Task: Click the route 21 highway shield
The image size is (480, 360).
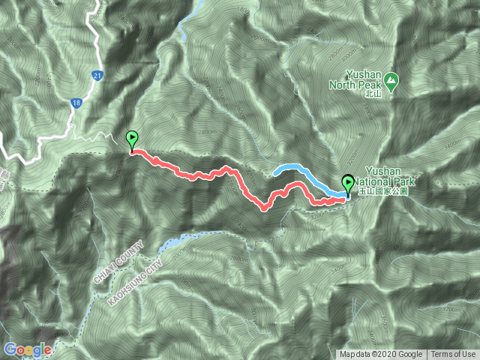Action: click(98, 76)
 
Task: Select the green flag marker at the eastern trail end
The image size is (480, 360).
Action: click(349, 184)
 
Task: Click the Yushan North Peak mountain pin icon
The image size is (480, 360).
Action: click(393, 79)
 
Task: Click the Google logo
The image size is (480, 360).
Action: click(28, 349)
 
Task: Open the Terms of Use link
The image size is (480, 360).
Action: click(453, 355)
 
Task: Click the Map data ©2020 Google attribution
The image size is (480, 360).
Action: click(381, 355)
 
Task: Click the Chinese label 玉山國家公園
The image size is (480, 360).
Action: click(382, 192)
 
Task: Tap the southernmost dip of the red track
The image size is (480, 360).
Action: click(265, 208)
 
